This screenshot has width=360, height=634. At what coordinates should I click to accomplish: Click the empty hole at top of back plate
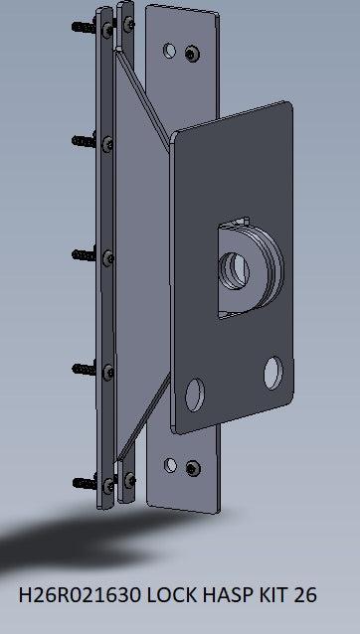tap(172, 48)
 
